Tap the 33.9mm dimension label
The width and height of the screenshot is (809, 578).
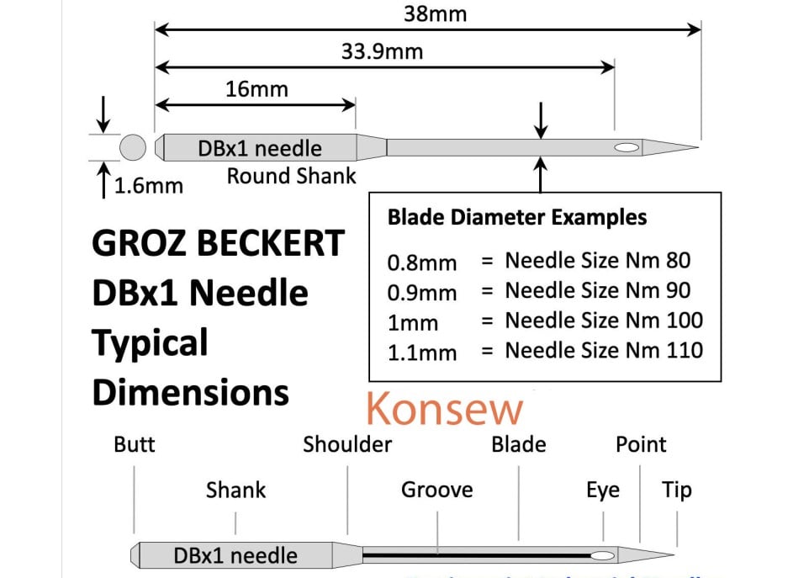[x=382, y=51]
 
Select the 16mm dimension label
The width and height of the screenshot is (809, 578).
[x=256, y=88]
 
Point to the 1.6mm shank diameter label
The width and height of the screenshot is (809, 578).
[x=148, y=185]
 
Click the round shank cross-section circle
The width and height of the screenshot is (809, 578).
[x=133, y=148]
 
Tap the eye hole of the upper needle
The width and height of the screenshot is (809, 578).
[x=626, y=148]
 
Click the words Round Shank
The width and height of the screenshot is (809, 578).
[x=291, y=177]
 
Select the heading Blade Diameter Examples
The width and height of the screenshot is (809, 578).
[x=517, y=217]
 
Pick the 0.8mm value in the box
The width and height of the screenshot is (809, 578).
[x=422, y=262]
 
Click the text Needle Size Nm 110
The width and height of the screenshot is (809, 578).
[x=604, y=349]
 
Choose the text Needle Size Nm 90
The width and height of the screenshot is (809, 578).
[x=598, y=290]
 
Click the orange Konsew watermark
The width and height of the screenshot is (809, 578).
[x=444, y=410]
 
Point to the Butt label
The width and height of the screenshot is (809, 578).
[x=135, y=444]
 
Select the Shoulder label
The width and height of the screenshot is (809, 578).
[x=347, y=444]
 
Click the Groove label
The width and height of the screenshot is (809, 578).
[x=436, y=490]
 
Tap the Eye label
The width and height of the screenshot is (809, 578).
[x=603, y=490]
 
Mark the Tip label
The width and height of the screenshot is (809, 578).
[x=677, y=490]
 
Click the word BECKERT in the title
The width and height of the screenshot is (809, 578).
[x=278, y=244]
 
